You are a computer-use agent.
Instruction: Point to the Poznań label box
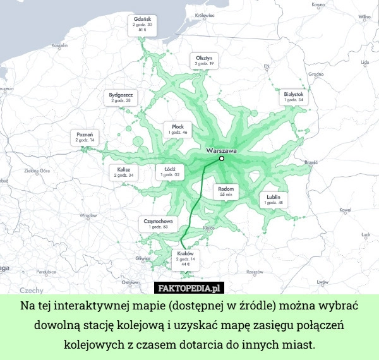85,136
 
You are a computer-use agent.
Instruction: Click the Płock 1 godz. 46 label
178,129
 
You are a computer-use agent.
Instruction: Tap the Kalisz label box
124,172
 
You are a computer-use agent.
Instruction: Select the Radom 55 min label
226,191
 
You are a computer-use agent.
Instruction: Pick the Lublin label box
274,200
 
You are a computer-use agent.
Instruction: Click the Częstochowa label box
159,223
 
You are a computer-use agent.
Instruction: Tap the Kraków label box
185,259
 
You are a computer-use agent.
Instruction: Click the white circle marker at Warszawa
222,159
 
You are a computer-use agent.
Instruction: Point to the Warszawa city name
221,151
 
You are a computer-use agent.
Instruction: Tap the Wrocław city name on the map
88,215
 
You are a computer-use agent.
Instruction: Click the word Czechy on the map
32,290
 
